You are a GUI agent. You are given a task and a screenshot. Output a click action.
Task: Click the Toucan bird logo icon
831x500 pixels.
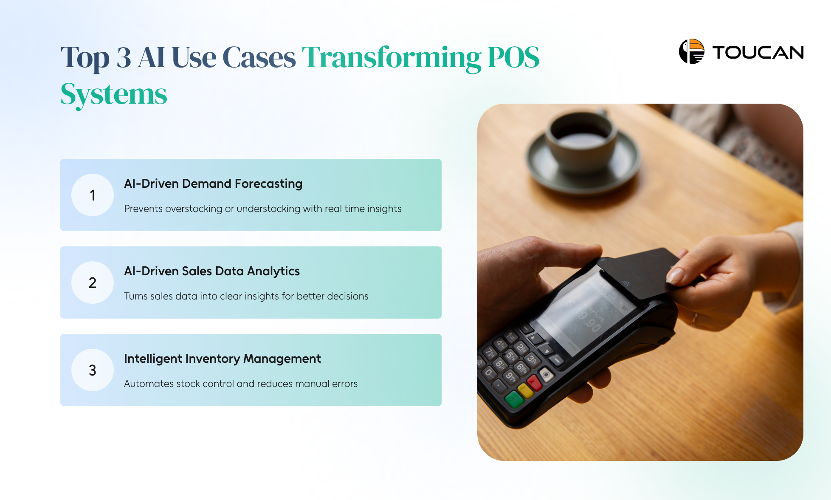coord(692,51)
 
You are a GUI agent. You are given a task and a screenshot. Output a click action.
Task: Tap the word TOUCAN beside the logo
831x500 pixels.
coord(758,53)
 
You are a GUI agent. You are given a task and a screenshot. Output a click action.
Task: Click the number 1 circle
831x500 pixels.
coord(93,195)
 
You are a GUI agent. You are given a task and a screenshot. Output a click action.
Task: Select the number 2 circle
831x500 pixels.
coord(93,282)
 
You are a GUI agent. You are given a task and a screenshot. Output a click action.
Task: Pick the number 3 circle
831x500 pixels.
coord(93,370)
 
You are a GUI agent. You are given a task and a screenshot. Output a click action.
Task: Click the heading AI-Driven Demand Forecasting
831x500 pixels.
coord(213,184)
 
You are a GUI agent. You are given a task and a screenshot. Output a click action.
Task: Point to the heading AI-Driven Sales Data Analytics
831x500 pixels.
coord(212,271)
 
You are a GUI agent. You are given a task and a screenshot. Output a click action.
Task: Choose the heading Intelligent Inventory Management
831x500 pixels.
coord(222,359)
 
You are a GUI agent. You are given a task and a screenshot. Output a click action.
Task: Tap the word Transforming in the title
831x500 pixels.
coord(392,58)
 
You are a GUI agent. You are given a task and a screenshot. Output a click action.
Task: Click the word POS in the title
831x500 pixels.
coord(513,57)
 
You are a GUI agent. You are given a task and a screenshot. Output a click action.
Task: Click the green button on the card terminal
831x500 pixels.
coord(514,399)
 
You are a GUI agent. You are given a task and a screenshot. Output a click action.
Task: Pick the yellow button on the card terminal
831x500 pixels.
coord(525,390)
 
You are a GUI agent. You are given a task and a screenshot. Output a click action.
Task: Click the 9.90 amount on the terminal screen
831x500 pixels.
coord(590,322)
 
